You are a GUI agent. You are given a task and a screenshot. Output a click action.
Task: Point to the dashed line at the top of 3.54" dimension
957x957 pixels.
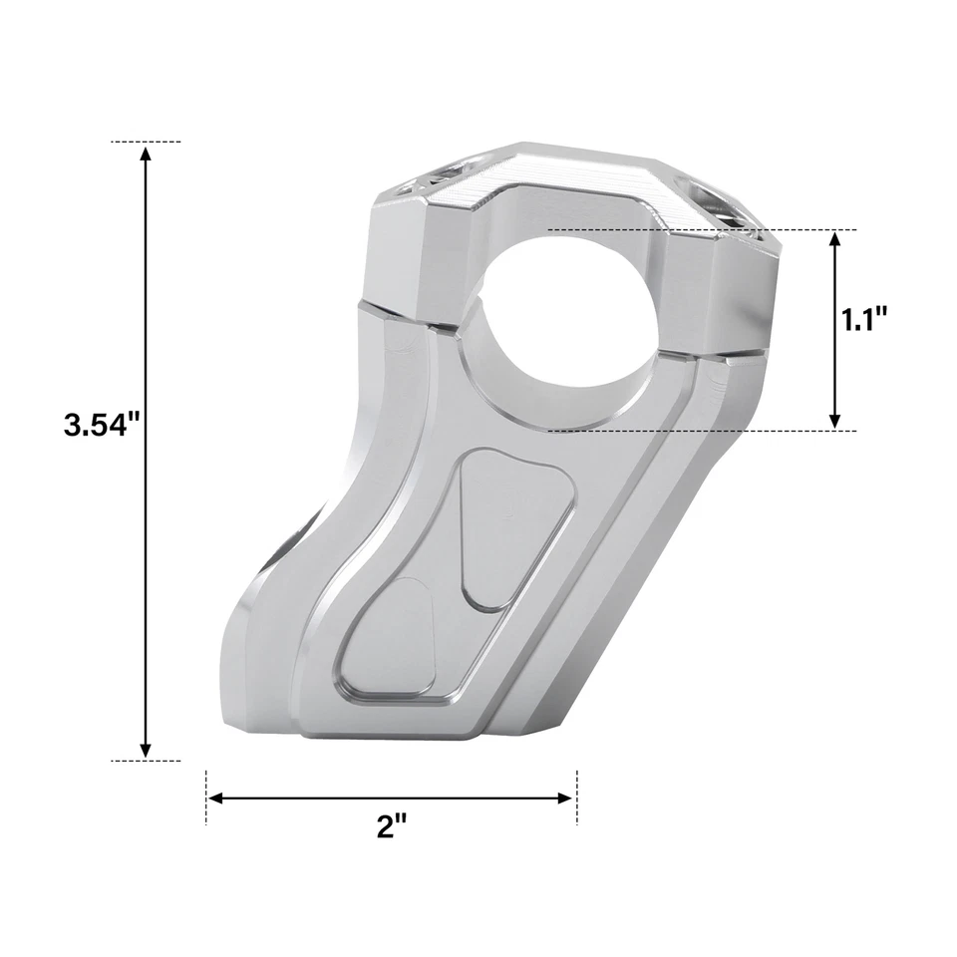pos(147,142)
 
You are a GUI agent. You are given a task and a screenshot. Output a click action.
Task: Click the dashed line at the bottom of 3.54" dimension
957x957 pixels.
pos(147,761)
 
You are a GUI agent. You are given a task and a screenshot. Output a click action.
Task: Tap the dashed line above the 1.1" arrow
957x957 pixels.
pos(698,229)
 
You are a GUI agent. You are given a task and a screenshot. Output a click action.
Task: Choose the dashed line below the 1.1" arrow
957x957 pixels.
pos(698,431)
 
